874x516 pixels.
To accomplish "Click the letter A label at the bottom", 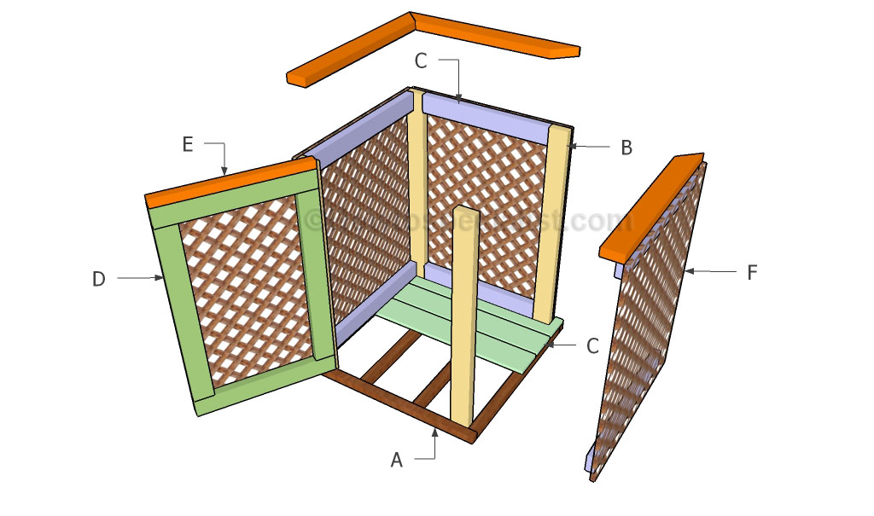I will [x=396, y=460].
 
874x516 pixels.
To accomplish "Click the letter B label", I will [x=626, y=148].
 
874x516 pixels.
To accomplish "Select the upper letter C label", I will [x=420, y=61].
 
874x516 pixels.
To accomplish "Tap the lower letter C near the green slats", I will [x=592, y=345].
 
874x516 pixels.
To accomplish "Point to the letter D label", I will [x=99, y=278].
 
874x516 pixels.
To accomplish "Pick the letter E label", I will [x=188, y=146].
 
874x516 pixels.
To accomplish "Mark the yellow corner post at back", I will [x=417, y=179].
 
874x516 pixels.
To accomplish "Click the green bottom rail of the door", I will [x=260, y=386].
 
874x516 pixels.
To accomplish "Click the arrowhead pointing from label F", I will [x=688, y=272].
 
